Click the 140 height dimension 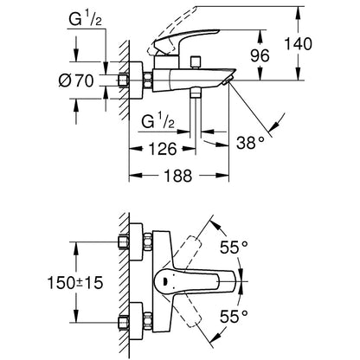click(299, 44)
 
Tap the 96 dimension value click(260, 55)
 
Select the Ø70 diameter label click(76, 80)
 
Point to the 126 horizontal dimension click(162, 149)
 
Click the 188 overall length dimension click(178, 176)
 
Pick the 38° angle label click(250, 143)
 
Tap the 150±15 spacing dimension click(75, 282)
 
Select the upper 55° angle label click(234, 247)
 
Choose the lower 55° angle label click(234, 317)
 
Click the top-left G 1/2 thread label click(85, 20)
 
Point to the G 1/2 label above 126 click(158, 121)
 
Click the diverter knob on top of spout click(196, 61)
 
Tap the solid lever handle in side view click(186, 41)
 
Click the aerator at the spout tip click(227, 80)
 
